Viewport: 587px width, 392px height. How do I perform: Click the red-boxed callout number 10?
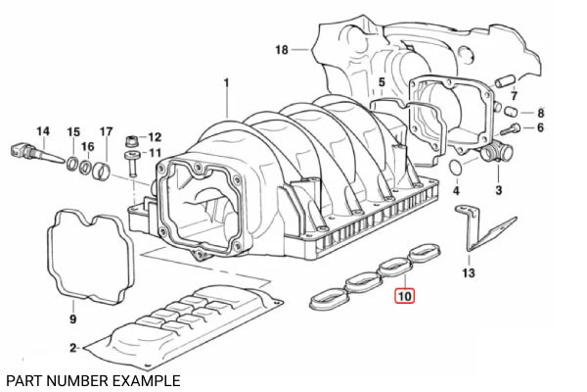[x=405, y=296]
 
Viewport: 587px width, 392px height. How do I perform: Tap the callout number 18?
[x=282, y=50]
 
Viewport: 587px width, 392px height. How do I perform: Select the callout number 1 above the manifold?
[x=226, y=82]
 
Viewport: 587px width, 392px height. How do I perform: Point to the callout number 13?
[x=469, y=272]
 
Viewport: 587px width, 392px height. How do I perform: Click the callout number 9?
[x=73, y=318]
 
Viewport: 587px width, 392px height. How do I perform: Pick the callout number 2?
[x=73, y=348]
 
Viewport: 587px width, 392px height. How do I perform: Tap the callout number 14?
[x=43, y=131]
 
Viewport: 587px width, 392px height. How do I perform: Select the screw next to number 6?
[x=510, y=129]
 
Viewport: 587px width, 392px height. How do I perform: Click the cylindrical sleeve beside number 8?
[x=511, y=112]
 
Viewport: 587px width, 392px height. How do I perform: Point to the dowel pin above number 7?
[x=506, y=81]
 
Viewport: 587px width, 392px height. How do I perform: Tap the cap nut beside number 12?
[x=131, y=141]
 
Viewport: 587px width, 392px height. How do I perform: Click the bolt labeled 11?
[x=132, y=163]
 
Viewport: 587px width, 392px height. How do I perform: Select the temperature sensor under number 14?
[x=37, y=154]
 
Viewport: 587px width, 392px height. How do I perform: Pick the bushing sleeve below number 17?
[x=102, y=171]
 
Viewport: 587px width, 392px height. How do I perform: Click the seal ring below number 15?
[x=72, y=164]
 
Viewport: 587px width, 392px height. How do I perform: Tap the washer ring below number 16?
[x=86, y=167]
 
